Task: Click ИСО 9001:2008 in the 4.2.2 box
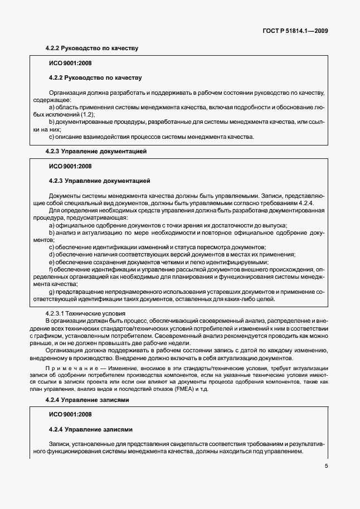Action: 70,62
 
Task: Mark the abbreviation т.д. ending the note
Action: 220,389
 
